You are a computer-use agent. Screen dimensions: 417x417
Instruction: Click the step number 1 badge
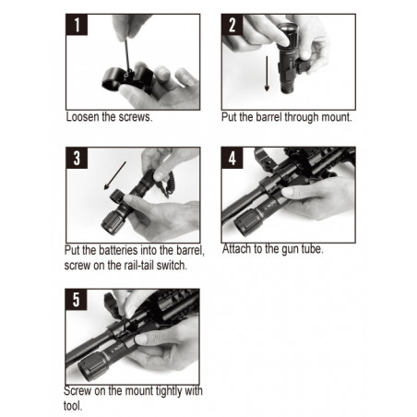coord(77,25)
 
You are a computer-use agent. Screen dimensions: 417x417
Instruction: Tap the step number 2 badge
coord(232,25)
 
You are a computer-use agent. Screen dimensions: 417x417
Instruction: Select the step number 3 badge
coord(77,158)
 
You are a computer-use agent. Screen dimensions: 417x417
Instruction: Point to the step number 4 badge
coord(232,158)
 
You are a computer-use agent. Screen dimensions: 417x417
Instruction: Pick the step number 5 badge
coord(76,300)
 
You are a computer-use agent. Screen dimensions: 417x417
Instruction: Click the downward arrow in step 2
coord(267,74)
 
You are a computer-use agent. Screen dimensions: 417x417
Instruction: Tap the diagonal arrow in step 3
coord(115,175)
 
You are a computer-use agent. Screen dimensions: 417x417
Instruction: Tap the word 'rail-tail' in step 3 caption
coord(138,265)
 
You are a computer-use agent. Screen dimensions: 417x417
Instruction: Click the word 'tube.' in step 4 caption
coord(313,249)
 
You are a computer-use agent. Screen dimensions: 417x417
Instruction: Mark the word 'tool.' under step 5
coord(73,406)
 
